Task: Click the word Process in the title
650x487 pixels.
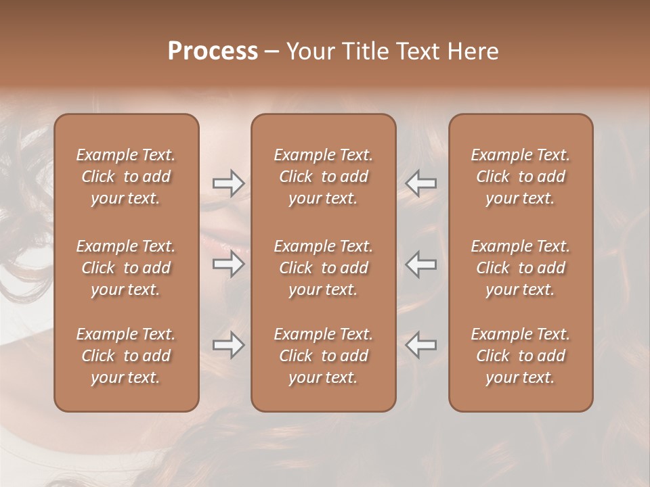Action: pyautogui.click(x=213, y=51)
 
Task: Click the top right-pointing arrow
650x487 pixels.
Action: pyautogui.click(x=228, y=183)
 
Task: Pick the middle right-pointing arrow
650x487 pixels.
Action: pyautogui.click(x=228, y=264)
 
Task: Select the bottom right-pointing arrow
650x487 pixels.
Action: pyautogui.click(x=228, y=345)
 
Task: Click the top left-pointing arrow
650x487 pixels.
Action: pyautogui.click(x=421, y=183)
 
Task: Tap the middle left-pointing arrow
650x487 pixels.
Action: pyautogui.click(x=421, y=264)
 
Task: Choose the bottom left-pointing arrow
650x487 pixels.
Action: pyautogui.click(x=421, y=345)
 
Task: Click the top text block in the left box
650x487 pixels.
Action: pyautogui.click(x=126, y=177)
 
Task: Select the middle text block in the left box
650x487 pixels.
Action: pyautogui.click(x=126, y=268)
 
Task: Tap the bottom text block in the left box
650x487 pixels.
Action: pyautogui.click(x=126, y=356)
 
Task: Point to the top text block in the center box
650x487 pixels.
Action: pyautogui.click(x=323, y=177)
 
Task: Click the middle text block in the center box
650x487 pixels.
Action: pyautogui.click(x=323, y=268)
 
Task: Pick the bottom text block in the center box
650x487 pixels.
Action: pyautogui.click(x=323, y=356)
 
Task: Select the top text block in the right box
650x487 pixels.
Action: pyautogui.click(x=520, y=177)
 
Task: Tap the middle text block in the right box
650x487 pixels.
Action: pyautogui.click(x=520, y=268)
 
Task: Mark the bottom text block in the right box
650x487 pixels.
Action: pyautogui.click(x=520, y=356)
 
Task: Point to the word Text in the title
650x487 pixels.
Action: pyautogui.click(x=416, y=51)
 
